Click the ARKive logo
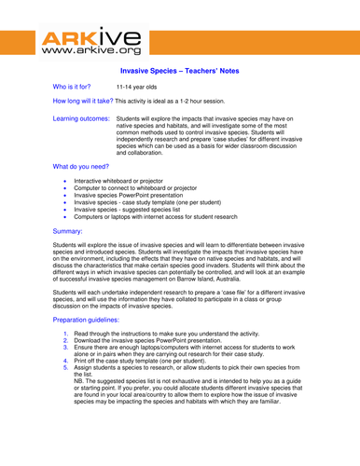point(90,43)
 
